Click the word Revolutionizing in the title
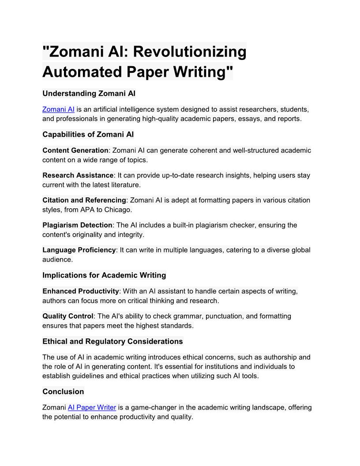(189, 52)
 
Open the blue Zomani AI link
(58, 109)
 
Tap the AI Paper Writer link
(92, 407)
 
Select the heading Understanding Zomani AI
(89, 94)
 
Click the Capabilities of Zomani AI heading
(88, 135)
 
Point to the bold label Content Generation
(75, 150)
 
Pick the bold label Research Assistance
(78, 175)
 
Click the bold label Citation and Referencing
(84, 200)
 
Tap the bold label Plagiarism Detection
(78, 225)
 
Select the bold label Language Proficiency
(79, 250)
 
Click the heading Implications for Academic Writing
(104, 275)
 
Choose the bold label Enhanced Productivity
(81, 291)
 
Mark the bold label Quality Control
(68, 316)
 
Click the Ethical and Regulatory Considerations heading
(112, 342)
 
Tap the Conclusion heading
(63, 392)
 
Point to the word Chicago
(118, 210)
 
